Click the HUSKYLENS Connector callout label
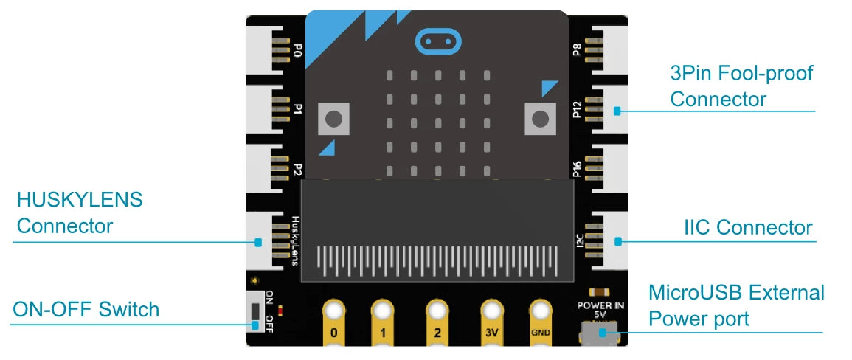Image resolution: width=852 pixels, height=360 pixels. (80, 212)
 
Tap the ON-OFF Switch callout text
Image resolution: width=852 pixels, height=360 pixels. (86, 310)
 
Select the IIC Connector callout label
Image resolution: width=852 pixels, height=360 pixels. (748, 227)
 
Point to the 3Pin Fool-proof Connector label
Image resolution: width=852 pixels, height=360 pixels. (741, 86)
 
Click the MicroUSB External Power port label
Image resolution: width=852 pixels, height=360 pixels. (736, 305)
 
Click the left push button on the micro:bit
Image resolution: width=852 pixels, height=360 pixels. (333, 118)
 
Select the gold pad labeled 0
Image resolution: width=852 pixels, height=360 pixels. (333, 322)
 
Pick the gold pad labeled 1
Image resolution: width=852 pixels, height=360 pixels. (383, 322)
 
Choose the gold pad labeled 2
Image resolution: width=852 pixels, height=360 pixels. (437, 322)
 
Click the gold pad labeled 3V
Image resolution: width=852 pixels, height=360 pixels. (492, 322)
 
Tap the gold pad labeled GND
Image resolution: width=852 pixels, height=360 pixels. (540, 322)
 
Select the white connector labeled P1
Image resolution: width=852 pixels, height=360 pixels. (266, 109)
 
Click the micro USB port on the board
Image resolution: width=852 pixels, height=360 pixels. (600, 333)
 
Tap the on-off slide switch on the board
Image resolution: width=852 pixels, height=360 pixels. (255, 316)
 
